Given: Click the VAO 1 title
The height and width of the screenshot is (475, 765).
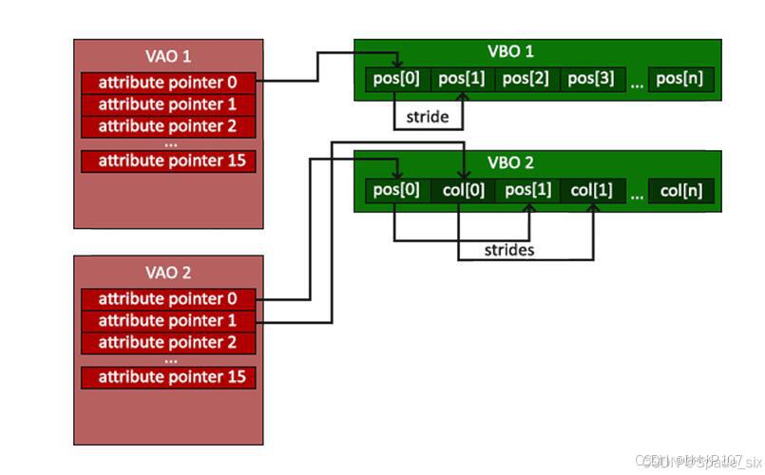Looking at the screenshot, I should tap(168, 55).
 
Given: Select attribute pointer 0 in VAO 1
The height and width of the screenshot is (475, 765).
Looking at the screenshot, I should tap(168, 82).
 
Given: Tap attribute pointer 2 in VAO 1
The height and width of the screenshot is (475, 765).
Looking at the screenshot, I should tap(168, 125).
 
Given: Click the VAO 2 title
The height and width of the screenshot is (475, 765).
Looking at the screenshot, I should tap(168, 272).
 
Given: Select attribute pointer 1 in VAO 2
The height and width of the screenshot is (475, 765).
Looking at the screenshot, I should tap(168, 320).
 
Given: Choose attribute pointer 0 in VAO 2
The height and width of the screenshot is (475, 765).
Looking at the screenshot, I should tap(168, 298).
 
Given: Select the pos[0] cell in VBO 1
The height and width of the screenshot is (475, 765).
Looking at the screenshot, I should tap(398, 79).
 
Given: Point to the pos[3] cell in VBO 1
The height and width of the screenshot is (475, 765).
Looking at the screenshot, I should tap(592, 79).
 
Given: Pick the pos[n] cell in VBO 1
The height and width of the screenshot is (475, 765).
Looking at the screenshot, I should tap(680, 79).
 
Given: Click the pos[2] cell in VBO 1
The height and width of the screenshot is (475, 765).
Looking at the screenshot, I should tap(527, 79).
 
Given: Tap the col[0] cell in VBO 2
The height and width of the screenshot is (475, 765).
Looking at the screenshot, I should tap(463, 190).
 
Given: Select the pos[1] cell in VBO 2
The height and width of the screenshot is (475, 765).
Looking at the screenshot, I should tap(527, 190).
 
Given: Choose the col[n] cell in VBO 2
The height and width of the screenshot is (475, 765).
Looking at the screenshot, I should tap(680, 190).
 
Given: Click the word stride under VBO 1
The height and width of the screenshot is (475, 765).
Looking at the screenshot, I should tap(428, 117).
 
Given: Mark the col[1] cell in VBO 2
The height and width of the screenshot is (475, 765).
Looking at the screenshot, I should tap(593, 190).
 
